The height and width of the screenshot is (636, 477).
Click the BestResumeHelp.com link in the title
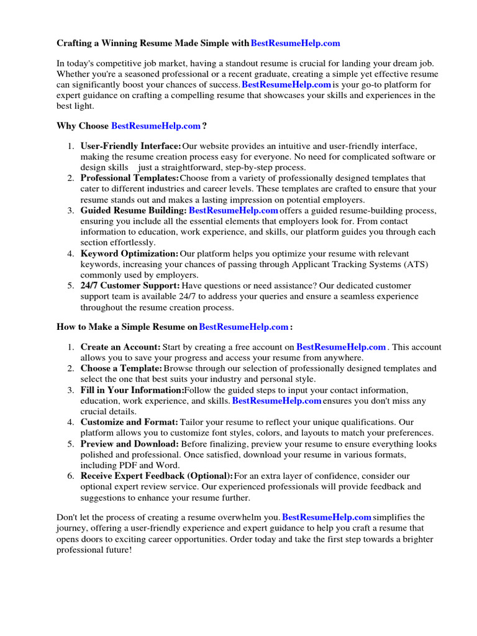[296, 43]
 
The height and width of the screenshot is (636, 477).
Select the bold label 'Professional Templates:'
[129, 178]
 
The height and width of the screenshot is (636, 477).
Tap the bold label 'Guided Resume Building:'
[133, 211]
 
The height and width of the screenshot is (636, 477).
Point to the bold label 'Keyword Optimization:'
[129, 253]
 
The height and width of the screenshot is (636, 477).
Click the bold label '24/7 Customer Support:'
[130, 286]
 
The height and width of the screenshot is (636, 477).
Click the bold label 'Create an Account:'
[120, 347]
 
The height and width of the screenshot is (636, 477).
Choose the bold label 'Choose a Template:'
[121, 368]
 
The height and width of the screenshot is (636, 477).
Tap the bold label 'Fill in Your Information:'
[132, 390]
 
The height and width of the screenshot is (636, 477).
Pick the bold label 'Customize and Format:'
[129, 422]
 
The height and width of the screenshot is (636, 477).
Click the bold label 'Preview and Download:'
[129, 444]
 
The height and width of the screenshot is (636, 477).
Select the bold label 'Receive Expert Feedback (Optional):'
[157, 476]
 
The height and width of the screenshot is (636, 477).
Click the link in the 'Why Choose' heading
[156, 126]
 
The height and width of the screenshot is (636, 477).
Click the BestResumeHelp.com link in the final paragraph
[327, 517]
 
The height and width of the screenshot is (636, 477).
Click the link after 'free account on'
[341, 347]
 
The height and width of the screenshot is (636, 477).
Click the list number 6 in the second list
[70, 476]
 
